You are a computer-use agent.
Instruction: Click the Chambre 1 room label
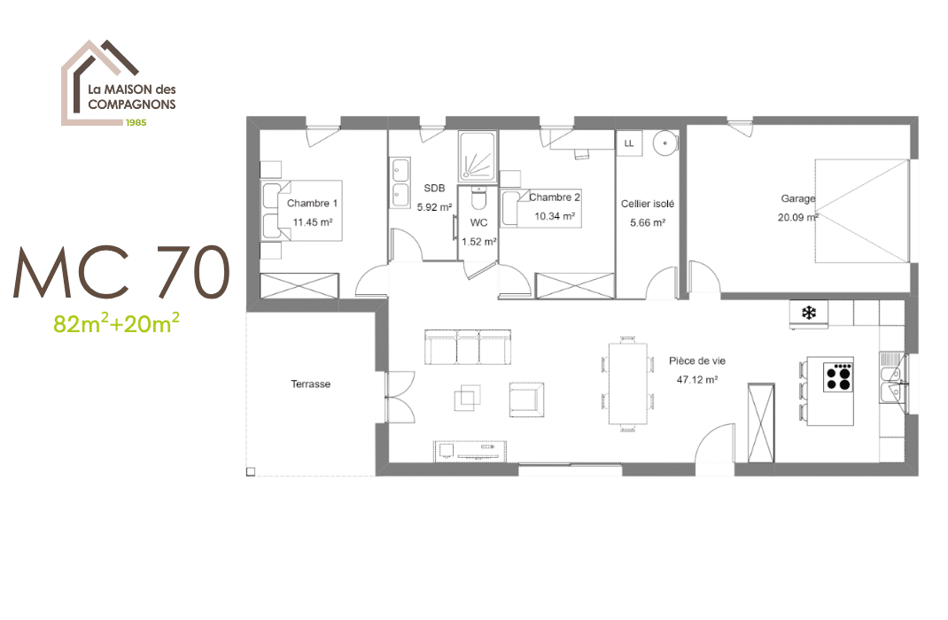tap(313, 203)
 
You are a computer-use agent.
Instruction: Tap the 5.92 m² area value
tap(434, 208)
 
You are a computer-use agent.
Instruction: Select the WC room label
tap(478, 222)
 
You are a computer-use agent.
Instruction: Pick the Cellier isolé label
tap(648, 204)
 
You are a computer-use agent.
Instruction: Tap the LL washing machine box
tap(629, 143)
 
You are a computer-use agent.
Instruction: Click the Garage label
tap(797, 198)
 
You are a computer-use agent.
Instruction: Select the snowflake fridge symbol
tap(808, 313)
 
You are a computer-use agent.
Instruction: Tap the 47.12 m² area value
tap(697, 378)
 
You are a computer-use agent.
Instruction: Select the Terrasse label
tap(310, 384)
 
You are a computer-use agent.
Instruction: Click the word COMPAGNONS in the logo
tap(131, 104)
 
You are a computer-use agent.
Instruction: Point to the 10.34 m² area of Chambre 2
tap(555, 216)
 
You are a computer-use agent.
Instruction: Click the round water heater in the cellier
tap(664, 142)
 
